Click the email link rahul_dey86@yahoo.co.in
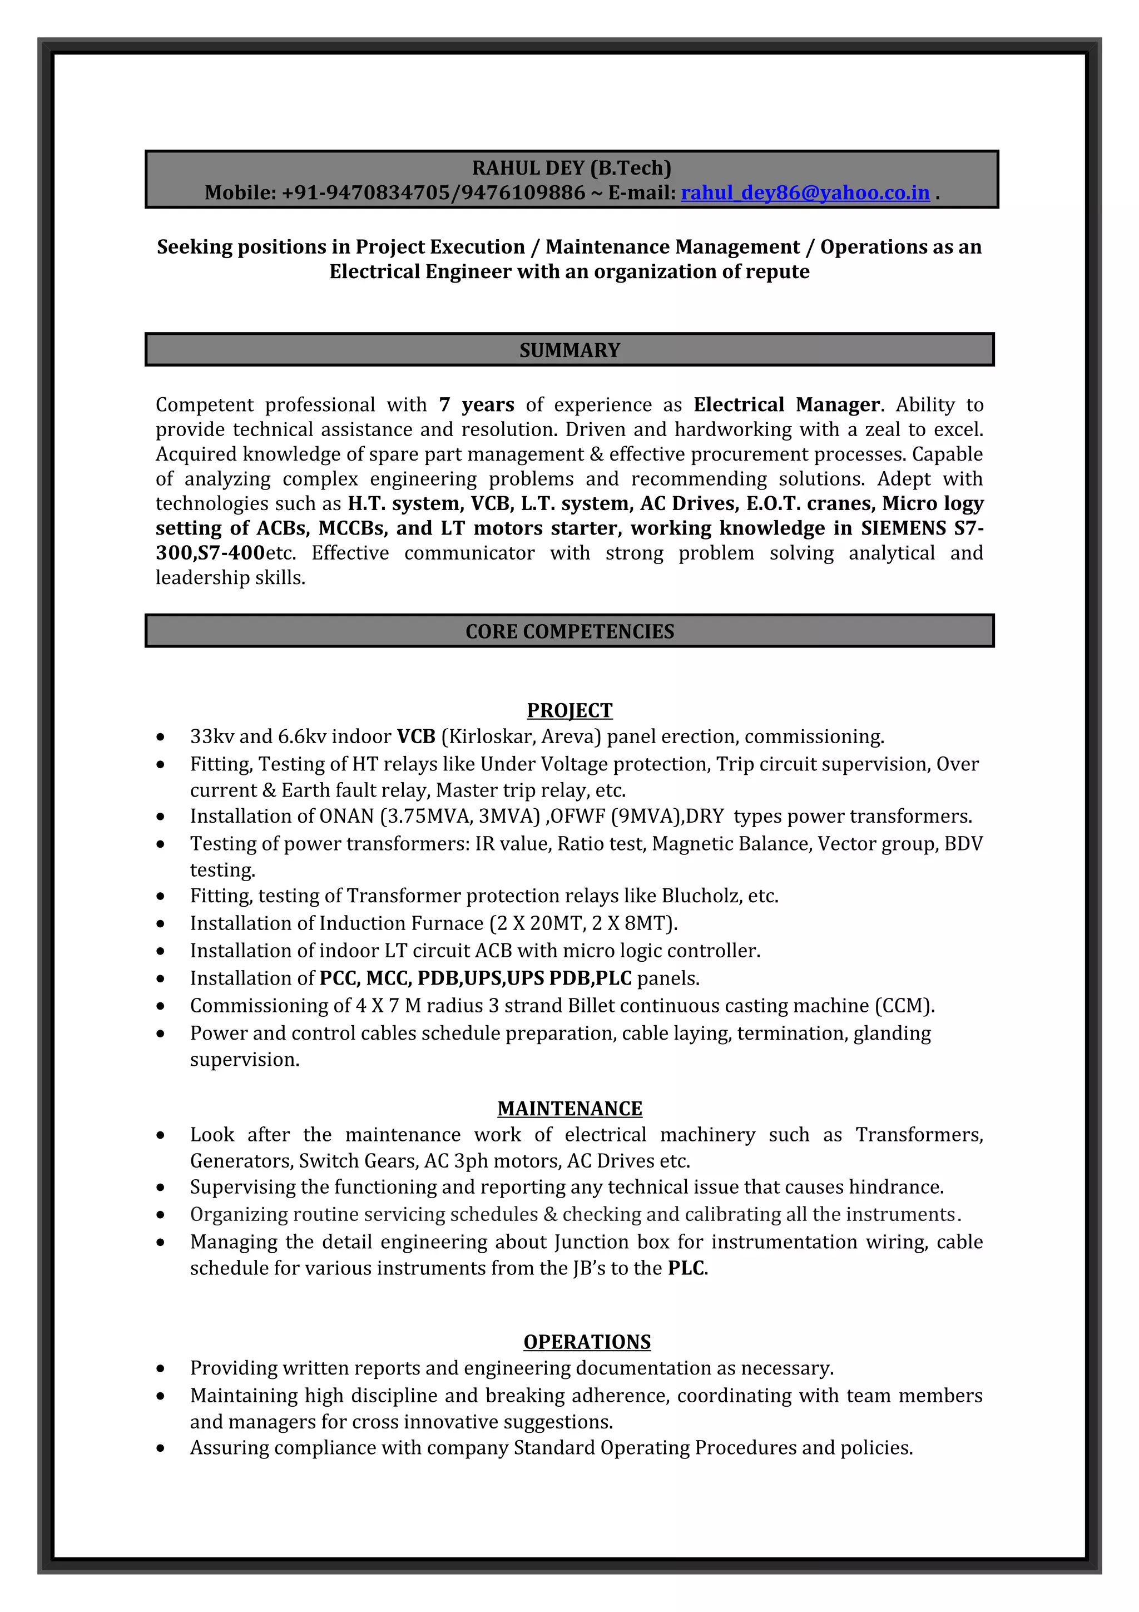tap(805, 192)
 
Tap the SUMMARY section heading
tap(569, 350)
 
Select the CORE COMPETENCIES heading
tap(569, 631)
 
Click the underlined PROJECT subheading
tap(569, 710)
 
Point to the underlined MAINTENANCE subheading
tap(569, 1108)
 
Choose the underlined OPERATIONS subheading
tap(587, 1342)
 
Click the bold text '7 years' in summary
tap(477, 404)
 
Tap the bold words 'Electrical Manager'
tap(786, 404)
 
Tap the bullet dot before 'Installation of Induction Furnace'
tap(161, 924)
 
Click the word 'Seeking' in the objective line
tap(191, 247)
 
